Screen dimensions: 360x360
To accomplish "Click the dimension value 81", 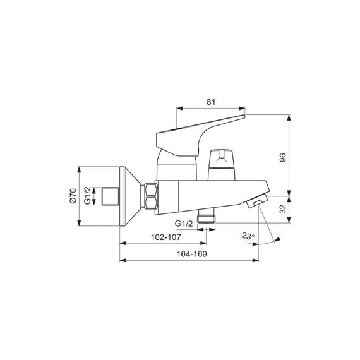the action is point(211,102).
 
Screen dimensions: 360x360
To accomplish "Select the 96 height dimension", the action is point(283,157).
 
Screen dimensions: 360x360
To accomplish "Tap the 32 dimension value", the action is point(283,209).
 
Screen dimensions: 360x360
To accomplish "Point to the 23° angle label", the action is point(248,236).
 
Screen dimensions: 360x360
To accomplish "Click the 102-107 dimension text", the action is point(165,237).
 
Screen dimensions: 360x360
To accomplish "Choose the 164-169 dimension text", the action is point(191,254).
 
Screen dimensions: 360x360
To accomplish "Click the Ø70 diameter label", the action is point(73,196).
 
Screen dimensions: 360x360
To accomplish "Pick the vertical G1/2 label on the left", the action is point(88,196).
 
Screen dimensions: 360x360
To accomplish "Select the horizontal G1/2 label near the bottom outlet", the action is point(184,224).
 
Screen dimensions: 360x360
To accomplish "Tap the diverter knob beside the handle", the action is point(222,164).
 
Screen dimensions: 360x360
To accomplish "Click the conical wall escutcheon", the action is point(130,196).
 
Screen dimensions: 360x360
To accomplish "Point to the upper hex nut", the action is point(150,189).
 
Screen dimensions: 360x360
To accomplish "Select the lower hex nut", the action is point(150,203).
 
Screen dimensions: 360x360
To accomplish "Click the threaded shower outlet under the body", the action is point(207,217).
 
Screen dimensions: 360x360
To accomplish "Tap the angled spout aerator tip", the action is point(258,201).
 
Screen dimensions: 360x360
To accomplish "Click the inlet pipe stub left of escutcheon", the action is point(111,196).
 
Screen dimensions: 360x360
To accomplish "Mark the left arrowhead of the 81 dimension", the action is point(179,109).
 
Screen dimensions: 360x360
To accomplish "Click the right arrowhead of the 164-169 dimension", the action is point(256,260).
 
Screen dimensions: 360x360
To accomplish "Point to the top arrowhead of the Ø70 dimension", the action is point(79,170).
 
